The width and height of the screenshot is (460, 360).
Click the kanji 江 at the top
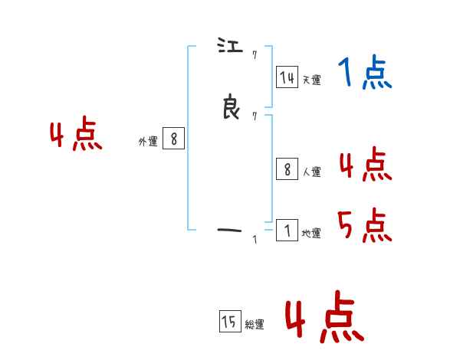[230, 47]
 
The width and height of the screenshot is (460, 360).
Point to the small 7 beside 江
[254, 54]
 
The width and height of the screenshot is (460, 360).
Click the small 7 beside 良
[254, 116]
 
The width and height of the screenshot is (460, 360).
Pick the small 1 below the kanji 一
[255, 241]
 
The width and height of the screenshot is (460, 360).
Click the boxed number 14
[287, 77]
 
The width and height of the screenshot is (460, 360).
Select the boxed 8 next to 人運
[287, 170]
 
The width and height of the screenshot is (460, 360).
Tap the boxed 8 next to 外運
[173, 139]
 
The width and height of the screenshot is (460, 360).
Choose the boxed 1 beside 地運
[287, 231]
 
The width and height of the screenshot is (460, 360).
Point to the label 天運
[311, 80]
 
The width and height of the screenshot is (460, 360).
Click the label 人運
[311, 172]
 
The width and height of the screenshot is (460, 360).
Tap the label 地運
[311, 234]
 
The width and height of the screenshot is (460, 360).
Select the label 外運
[148, 142]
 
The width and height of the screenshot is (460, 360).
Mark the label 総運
[255, 325]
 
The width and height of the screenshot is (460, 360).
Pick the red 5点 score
[365, 225]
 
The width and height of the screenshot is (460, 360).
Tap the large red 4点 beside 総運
[324, 317]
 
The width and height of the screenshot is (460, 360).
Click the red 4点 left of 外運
[77, 136]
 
